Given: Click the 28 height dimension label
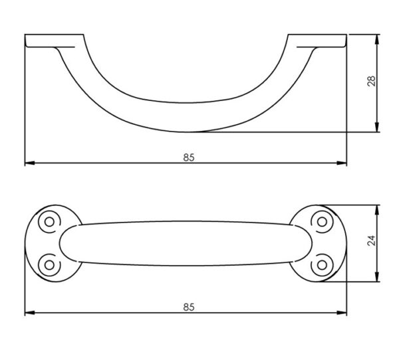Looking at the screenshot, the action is click(372, 81).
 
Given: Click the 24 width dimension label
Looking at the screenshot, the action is click(372, 240).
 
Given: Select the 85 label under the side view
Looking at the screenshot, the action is click(189, 157).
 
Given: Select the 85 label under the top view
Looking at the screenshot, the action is click(189, 307).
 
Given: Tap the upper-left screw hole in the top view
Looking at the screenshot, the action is click(49, 222).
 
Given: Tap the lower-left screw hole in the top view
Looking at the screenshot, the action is click(49, 265).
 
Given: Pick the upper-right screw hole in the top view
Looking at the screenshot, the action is click(322, 222).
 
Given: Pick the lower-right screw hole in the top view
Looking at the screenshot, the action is click(322, 265).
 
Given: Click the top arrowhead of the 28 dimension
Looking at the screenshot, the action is click(377, 39).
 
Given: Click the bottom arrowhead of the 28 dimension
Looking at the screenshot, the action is click(377, 127).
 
